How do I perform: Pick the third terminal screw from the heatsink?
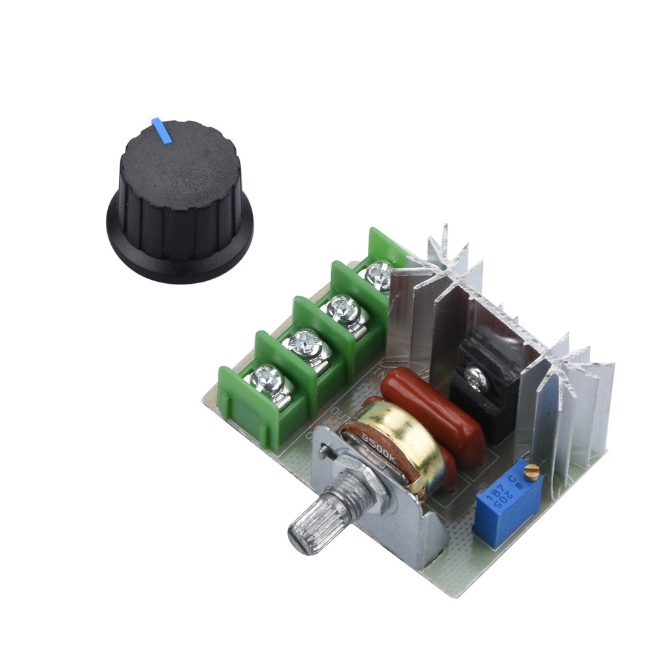click(303, 342)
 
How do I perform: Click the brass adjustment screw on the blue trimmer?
click(534, 469)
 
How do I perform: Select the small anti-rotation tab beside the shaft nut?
click(325, 451)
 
